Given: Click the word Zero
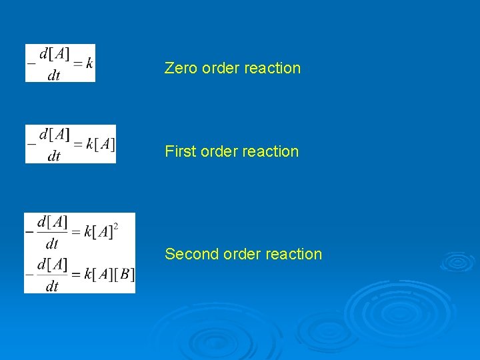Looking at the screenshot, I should tap(179, 68).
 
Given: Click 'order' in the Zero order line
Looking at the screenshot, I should tap(219, 68).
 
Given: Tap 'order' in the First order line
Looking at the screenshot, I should tap(217, 151).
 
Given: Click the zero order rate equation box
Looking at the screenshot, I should tap(60, 63).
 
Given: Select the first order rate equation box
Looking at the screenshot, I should tap(70, 144).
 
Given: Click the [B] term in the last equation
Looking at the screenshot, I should tap(124, 275).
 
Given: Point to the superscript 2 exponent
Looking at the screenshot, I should tap(116, 227).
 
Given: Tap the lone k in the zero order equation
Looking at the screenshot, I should tap(89, 63).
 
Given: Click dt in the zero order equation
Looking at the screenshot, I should tap(53, 75).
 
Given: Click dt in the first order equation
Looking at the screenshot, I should tap(53, 156).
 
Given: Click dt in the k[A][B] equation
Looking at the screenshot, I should tap(51, 286).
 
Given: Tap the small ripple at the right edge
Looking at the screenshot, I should tap(457, 261).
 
